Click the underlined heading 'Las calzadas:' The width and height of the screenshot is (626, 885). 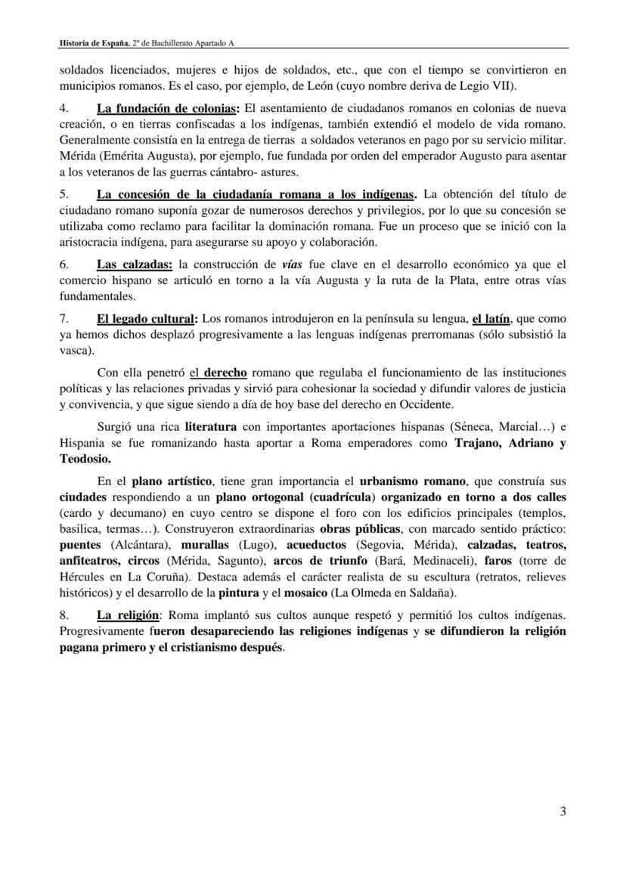[x=135, y=265]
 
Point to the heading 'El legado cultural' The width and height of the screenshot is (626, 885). [x=147, y=319]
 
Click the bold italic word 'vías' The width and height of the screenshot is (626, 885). [x=292, y=265]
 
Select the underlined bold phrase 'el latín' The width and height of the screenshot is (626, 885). [x=491, y=319]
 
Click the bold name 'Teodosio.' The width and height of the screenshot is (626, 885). [x=85, y=459]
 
